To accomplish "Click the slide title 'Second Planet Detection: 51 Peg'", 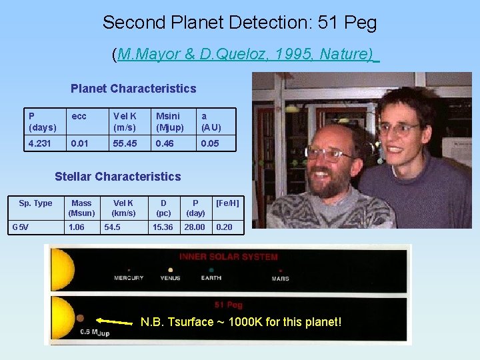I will pyautogui.click(x=239, y=23).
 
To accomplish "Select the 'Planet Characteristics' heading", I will pyautogui.click(x=133, y=89).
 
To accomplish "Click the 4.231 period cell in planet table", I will pyautogui.click(x=41, y=143).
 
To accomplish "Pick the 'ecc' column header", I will pyautogui.click(x=79, y=116).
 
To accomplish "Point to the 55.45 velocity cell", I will pyautogui.click(x=125, y=143).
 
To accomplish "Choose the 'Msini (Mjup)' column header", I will pyautogui.click(x=170, y=121).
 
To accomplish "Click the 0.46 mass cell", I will pyautogui.click(x=164, y=143).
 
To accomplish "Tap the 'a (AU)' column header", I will pyautogui.click(x=211, y=121).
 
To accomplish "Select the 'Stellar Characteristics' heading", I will pyautogui.click(x=118, y=177).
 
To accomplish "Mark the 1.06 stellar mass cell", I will pyautogui.click(x=77, y=227).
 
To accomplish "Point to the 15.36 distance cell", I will pyautogui.click(x=163, y=227).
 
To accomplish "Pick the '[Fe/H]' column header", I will pyautogui.click(x=227, y=203).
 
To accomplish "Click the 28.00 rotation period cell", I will pyautogui.click(x=195, y=227).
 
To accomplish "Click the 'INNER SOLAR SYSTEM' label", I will pyautogui.click(x=229, y=257).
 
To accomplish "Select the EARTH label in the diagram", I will pyautogui.click(x=211, y=278).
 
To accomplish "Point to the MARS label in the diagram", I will pyautogui.click(x=281, y=278).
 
